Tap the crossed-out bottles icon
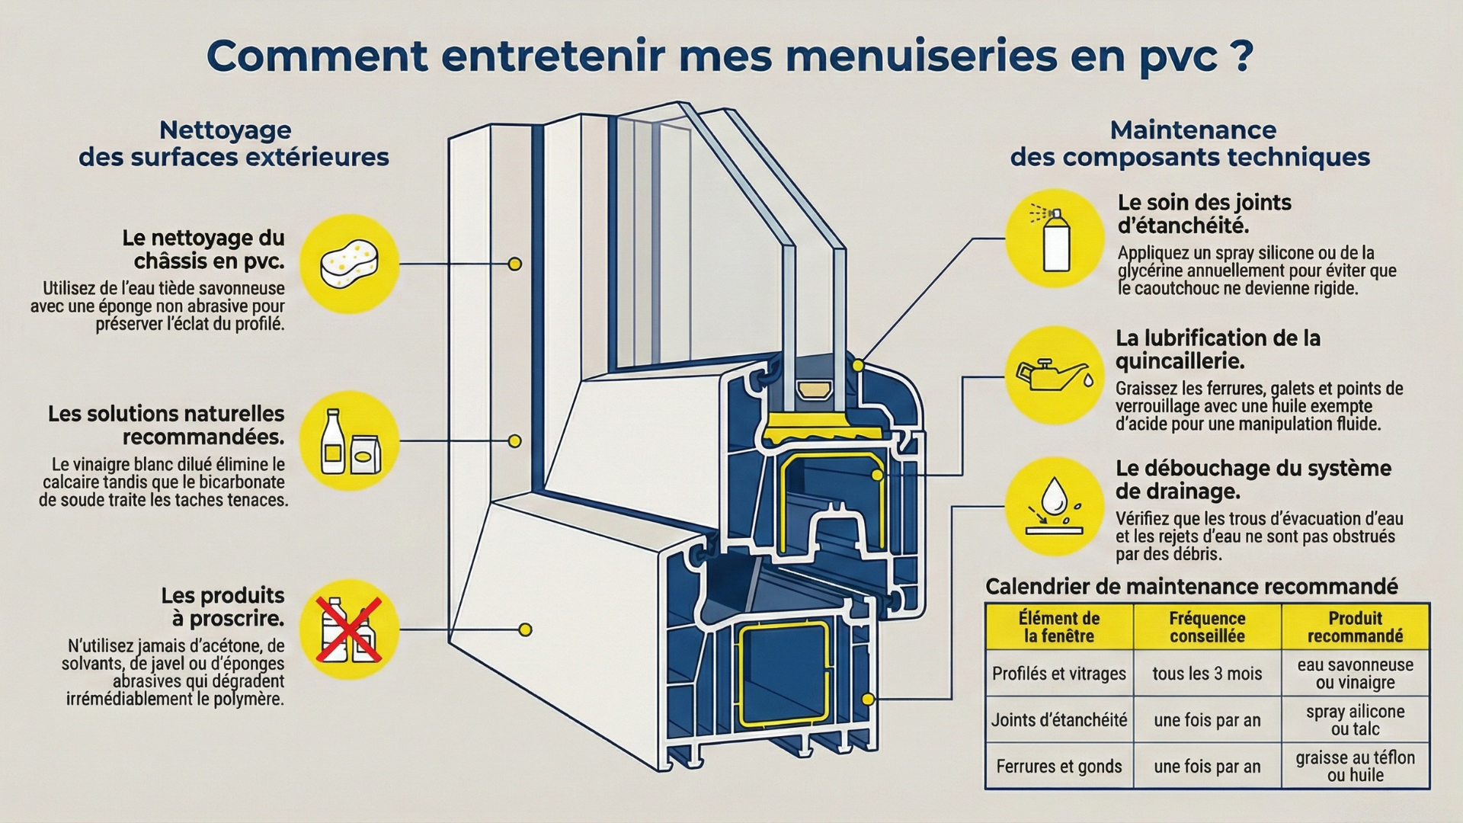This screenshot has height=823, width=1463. pos(349,629)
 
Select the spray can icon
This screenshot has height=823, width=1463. pos(1055,239)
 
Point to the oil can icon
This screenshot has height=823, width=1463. pos(1055,375)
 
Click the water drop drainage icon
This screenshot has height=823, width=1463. pos(1055,506)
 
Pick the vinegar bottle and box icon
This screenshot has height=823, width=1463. pos(349,441)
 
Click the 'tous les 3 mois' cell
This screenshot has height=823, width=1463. pos(1207,674)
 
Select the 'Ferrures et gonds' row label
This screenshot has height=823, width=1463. pos(1058,766)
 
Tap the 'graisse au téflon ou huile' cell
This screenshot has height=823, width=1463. pos(1355,766)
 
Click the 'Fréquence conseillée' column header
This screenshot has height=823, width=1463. pos(1207,627)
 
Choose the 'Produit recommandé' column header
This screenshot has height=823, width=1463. pos(1355,627)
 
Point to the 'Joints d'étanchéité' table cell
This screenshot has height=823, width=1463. pos(1058,720)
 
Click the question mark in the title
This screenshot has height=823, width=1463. pos(1241,55)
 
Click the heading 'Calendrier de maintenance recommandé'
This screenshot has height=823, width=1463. pos(1191,586)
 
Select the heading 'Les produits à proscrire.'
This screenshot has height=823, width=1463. pos(222,606)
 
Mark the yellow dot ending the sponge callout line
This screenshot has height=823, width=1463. pos(515,264)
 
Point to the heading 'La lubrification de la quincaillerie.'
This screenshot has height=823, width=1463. pos(1218,349)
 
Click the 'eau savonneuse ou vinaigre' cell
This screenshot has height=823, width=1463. pos(1355,674)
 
